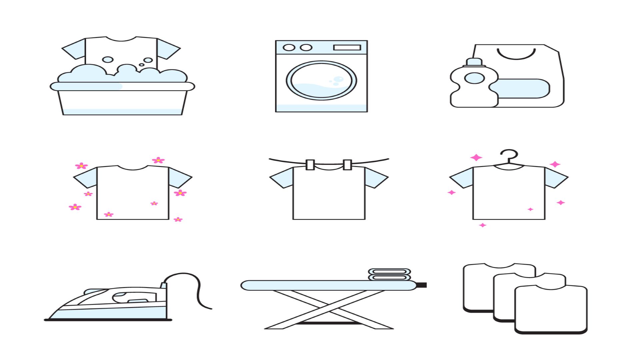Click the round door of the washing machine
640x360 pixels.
pos(321,80)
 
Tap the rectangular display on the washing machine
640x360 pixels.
pos(347,47)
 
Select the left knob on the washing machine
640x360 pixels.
pos(289,47)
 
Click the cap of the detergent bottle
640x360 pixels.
pos(474,62)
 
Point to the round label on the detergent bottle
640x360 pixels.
pos(474,78)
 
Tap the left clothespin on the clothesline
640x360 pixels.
pos(310,165)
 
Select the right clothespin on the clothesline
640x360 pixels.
pos(347,165)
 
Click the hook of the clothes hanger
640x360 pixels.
pos(509,155)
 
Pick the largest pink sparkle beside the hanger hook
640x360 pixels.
pos(476,157)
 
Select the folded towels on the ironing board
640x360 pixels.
pos(389,274)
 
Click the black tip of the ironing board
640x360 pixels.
pos(422,285)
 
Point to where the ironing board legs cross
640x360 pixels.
pos(329,310)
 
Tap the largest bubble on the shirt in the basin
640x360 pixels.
pos(108,60)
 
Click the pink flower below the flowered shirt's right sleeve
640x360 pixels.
pos(180,193)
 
